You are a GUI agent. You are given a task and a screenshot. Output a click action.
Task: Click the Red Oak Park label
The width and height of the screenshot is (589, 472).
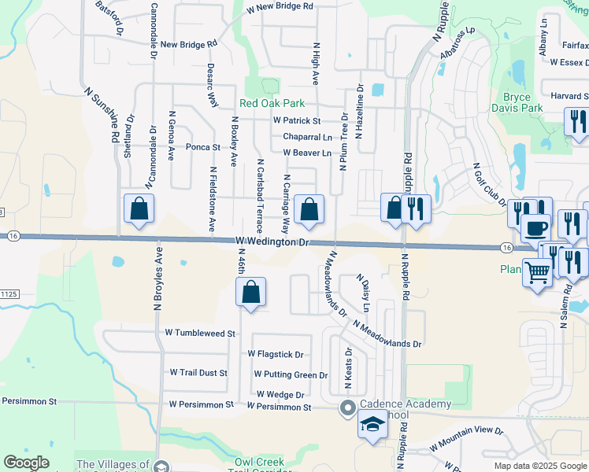coord(272,104)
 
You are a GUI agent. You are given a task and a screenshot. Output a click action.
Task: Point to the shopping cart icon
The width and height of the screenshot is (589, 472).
coord(538,273)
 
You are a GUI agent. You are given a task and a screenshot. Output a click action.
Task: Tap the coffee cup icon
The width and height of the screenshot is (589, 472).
coord(536,228)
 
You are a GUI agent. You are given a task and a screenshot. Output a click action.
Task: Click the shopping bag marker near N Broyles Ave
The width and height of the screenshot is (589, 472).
coord(139,208)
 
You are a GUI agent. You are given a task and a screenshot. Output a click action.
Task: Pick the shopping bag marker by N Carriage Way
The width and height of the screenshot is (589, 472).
coord(309,210)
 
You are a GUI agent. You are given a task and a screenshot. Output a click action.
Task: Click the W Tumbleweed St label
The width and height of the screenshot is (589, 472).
coord(200,334)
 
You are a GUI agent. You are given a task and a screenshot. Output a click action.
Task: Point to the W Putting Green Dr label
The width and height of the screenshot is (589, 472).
coord(290,375)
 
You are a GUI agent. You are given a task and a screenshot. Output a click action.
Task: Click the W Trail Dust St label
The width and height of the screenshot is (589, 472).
coord(198,373)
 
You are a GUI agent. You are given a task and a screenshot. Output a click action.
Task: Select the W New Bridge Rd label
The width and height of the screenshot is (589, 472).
coord(280,6)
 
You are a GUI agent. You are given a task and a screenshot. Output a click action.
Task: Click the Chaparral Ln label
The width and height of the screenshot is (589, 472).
coord(307,137)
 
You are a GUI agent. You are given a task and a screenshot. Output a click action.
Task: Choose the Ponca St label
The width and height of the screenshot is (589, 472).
coord(202,147)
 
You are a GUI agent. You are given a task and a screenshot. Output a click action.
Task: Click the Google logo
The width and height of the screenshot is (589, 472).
coord(26,463)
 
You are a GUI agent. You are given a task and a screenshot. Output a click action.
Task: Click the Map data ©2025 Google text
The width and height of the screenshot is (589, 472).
coord(539,466)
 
